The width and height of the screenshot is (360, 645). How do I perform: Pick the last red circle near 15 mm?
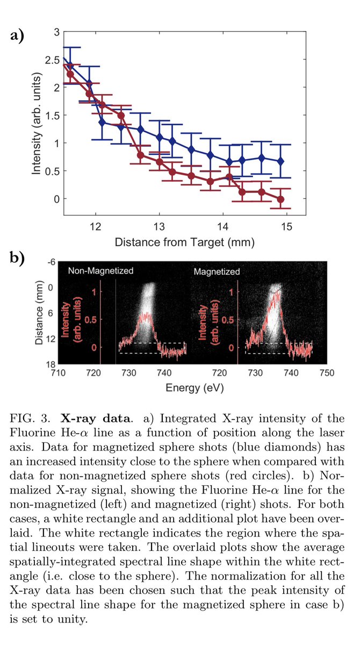(280, 199)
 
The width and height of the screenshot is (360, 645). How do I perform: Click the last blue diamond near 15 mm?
(280, 161)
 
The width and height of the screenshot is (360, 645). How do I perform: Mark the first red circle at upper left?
(70, 74)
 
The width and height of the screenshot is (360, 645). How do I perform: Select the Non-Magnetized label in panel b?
(100, 271)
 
